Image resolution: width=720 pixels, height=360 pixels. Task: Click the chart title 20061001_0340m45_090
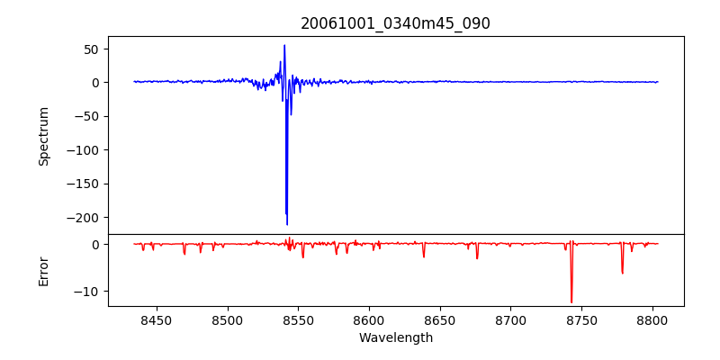[x=395, y=23]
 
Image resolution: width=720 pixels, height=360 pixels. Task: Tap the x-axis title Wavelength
[x=395, y=337]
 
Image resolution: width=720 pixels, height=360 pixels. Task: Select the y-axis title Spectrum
[x=43, y=136]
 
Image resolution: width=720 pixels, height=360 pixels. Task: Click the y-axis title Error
[x=43, y=271]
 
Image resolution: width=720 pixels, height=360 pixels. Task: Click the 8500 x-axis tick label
[x=228, y=319]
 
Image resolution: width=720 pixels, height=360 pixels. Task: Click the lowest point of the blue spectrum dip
[x=287, y=224]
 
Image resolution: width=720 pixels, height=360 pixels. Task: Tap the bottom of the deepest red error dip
[x=571, y=302]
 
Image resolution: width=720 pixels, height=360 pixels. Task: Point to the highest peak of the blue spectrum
[x=284, y=45]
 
